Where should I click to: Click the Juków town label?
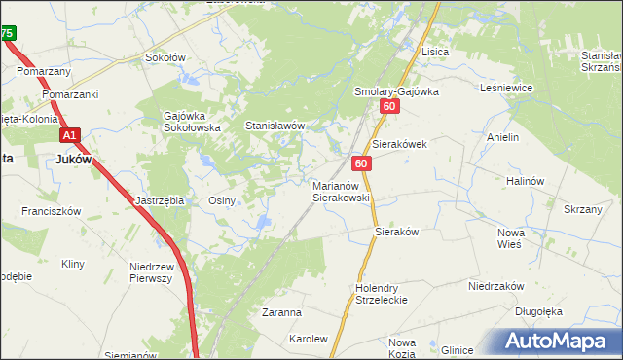click(x=74, y=161)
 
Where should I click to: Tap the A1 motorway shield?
click(x=69, y=136)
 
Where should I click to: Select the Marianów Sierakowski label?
click(x=341, y=191)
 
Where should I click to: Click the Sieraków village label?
click(x=396, y=233)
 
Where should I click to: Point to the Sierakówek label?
click(x=400, y=142)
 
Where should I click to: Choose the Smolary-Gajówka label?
click(x=396, y=91)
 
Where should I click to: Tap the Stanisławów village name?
click(x=275, y=126)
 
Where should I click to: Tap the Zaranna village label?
click(x=281, y=313)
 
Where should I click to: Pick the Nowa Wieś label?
click(x=510, y=238)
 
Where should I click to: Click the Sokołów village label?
click(x=165, y=57)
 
